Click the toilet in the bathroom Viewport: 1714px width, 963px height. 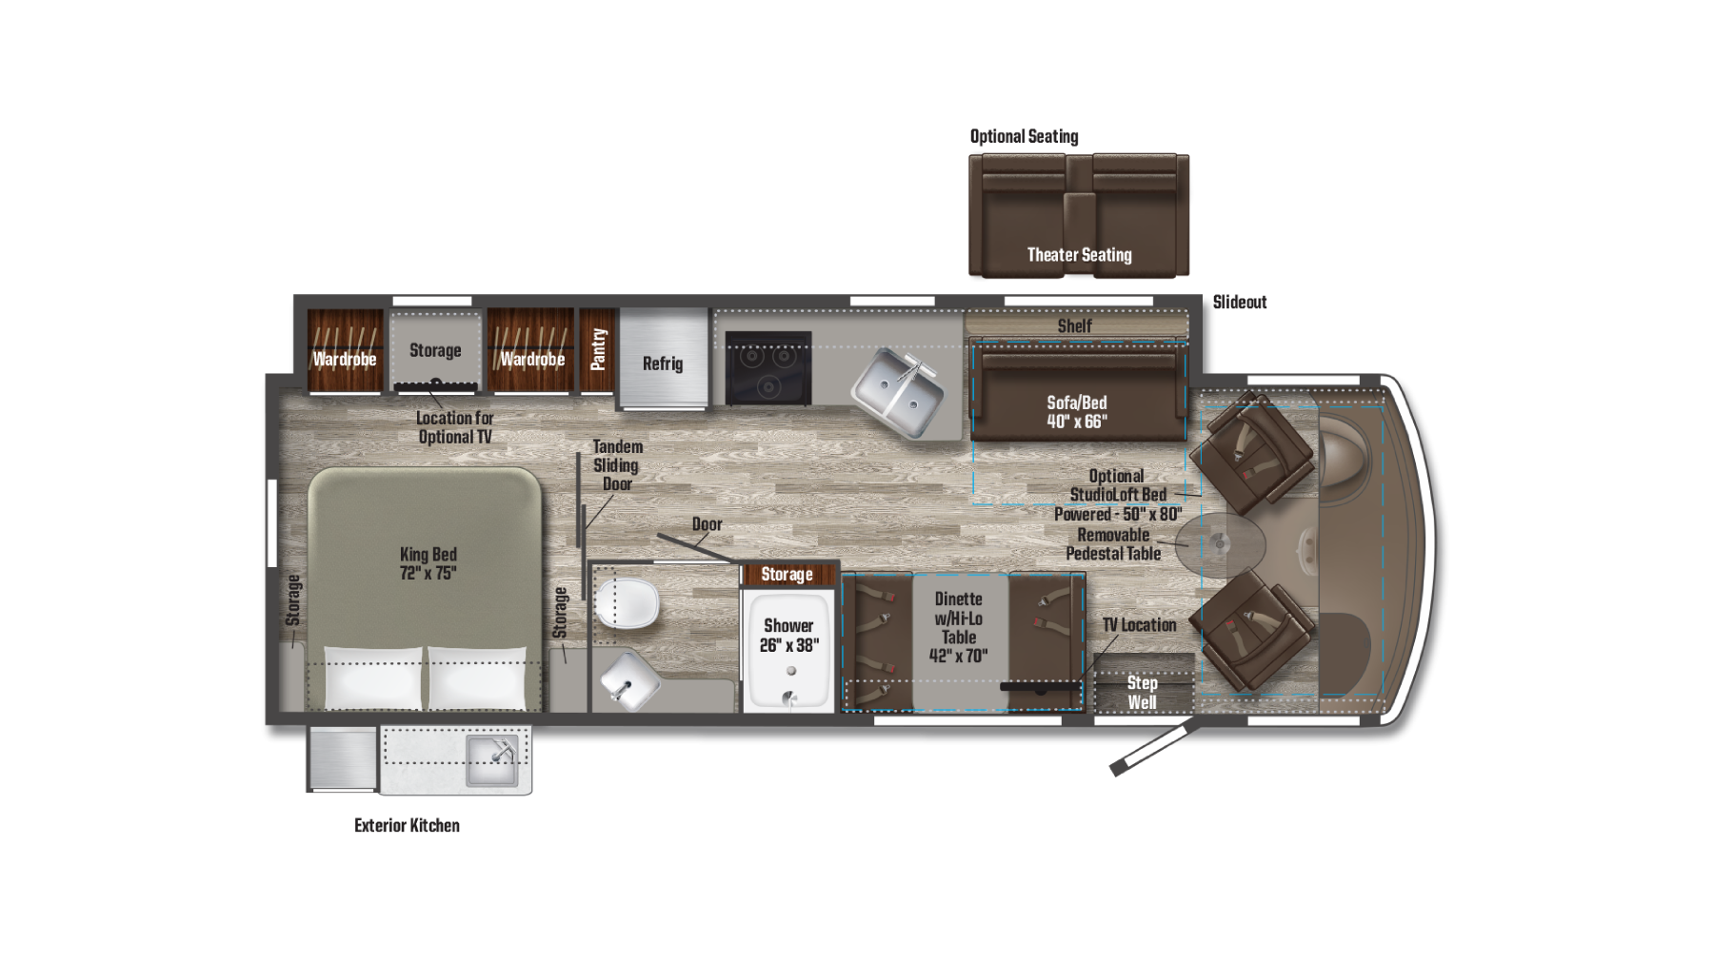pos(628,603)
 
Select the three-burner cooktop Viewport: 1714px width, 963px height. pos(768,368)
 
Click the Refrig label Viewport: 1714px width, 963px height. pos(663,364)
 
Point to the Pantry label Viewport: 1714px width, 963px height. pos(598,349)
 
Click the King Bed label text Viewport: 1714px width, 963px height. pos(428,563)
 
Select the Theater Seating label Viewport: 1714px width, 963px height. pos(1079,255)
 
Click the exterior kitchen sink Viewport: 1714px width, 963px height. pos(491,759)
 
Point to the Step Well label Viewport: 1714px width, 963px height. pos(1142,693)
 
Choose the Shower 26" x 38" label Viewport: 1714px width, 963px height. pos(788,636)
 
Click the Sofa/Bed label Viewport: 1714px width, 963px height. pos(1077,412)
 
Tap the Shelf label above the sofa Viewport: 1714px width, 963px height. pos(1075,326)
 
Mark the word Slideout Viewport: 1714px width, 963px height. pos(1240,303)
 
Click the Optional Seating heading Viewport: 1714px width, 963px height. pos(1025,136)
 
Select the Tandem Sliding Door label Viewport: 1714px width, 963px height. pos(617,465)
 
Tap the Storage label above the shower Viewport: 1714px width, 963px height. pos(787,575)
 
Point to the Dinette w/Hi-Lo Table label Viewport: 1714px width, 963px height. pos(959,627)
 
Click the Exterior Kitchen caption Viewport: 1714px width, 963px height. pos(407,826)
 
